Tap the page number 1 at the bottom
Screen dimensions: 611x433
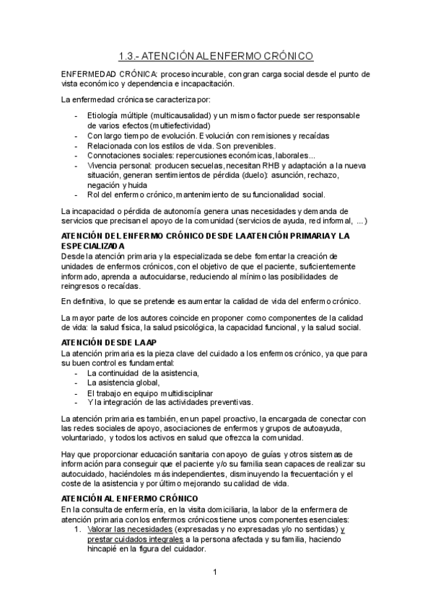[215, 573]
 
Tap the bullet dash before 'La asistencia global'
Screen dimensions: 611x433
[78, 383]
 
